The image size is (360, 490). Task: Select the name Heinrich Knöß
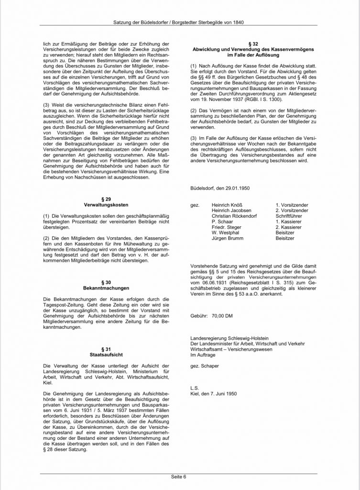228,204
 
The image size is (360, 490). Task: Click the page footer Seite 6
180,477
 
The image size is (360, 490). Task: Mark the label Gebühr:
199,317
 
